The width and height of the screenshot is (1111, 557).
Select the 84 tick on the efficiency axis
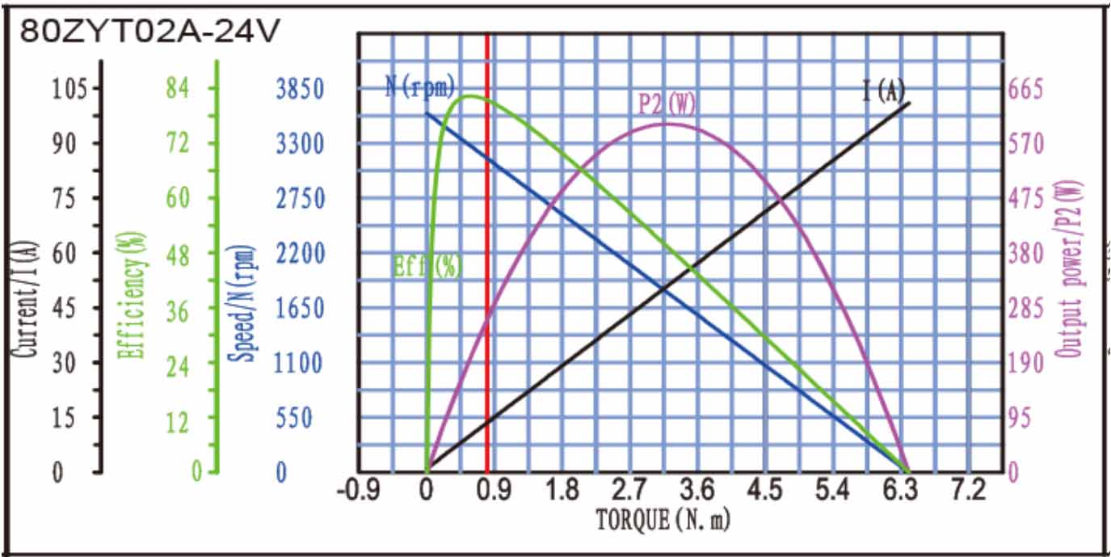(x=178, y=88)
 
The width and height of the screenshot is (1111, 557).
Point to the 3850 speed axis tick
(x=300, y=88)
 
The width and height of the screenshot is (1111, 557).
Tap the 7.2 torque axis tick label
(x=968, y=490)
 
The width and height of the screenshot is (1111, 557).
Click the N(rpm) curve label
(x=419, y=86)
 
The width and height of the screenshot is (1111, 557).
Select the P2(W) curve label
(x=667, y=104)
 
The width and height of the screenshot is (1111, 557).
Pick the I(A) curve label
(x=883, y=91)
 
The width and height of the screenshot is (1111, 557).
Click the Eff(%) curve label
(x=427, y=265)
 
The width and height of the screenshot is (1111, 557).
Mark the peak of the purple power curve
(x=667, y=123)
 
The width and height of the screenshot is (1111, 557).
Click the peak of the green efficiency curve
(x=469, y=96)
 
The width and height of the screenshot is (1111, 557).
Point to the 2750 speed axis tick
(x=300, y=198)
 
